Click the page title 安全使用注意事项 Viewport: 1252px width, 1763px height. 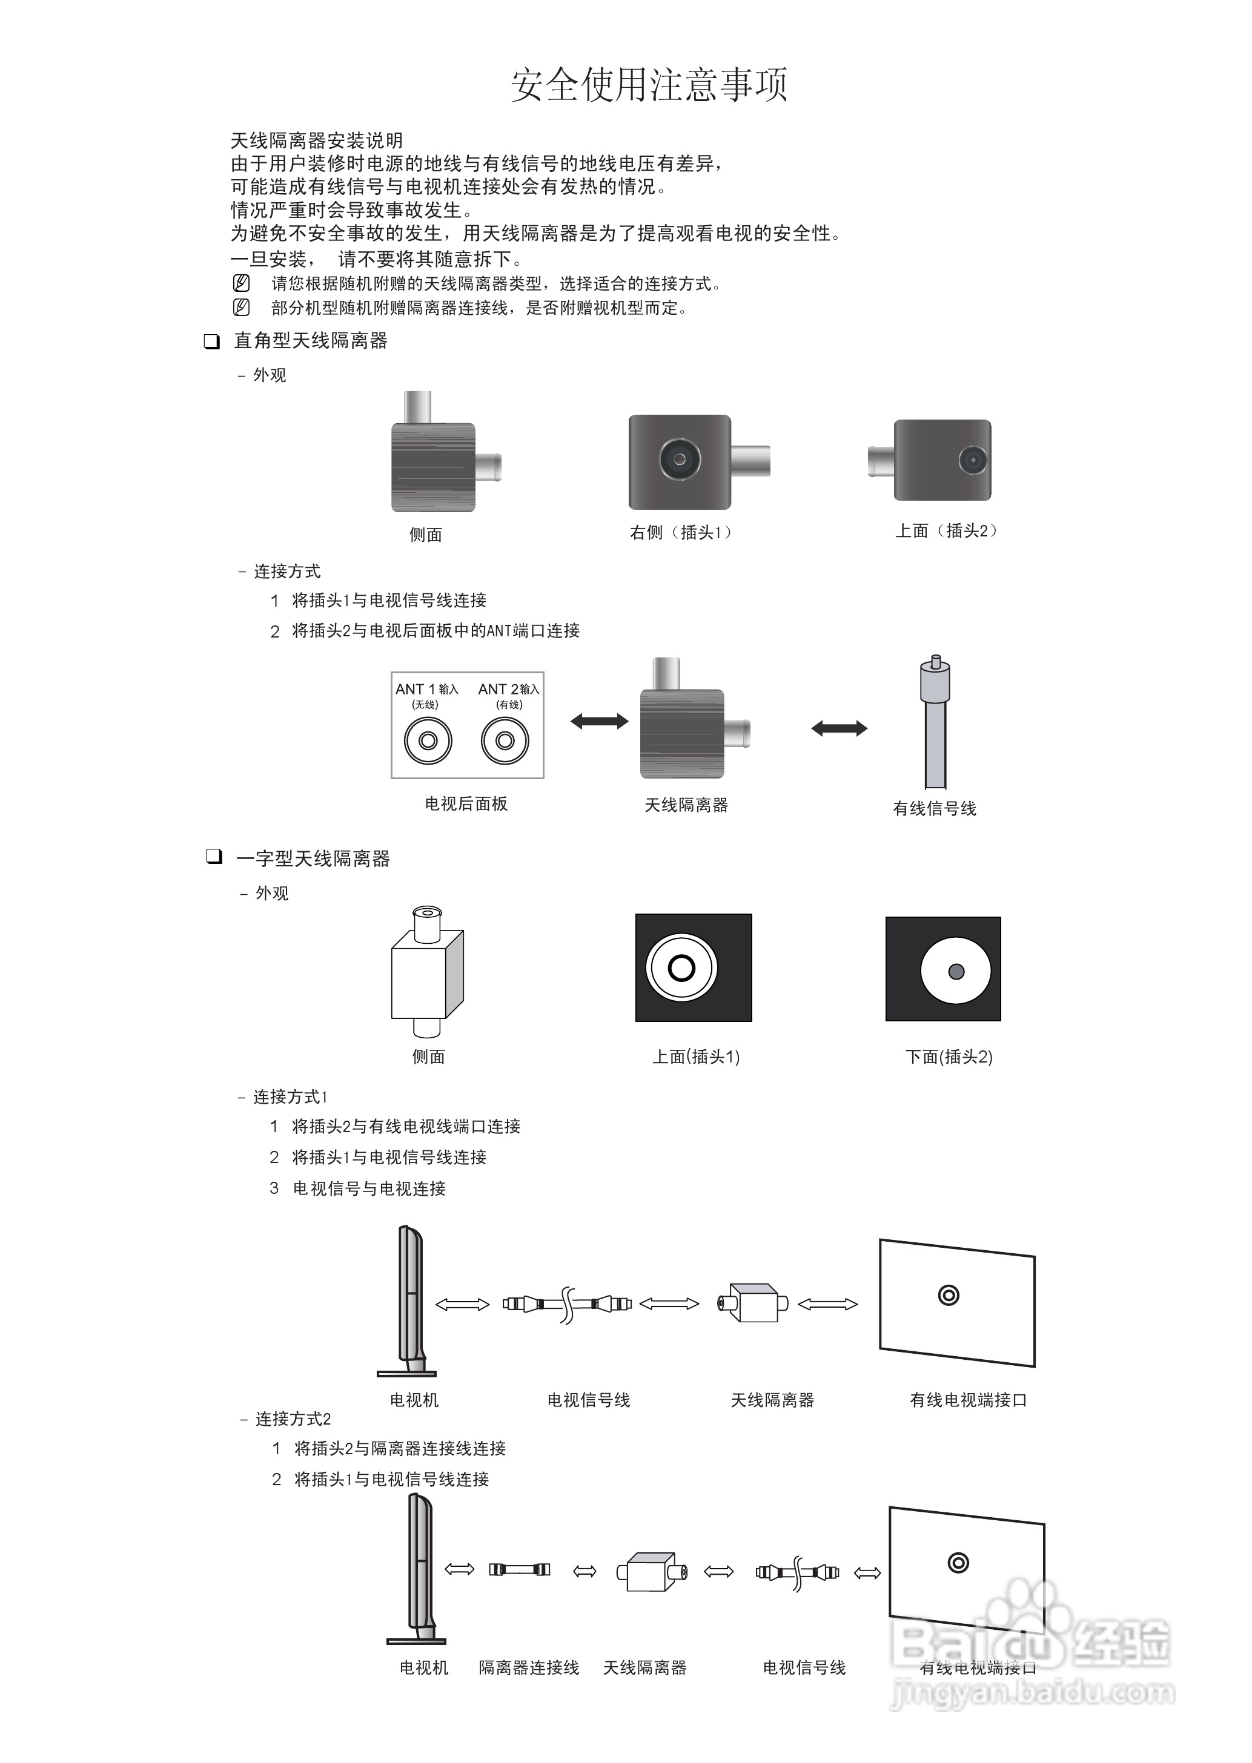coord(649,85)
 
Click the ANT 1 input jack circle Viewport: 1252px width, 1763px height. coord(428,740)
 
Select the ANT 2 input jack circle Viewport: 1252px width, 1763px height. coord(505,740)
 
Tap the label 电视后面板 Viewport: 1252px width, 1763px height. coord(466,803)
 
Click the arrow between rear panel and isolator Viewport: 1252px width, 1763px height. coord(599,721)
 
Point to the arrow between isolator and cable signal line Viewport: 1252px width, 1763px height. coord(839,728)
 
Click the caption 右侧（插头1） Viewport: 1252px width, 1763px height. coord(680,532)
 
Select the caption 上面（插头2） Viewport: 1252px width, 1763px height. coord(946,531)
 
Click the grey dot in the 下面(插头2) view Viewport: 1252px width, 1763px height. coord(956,971)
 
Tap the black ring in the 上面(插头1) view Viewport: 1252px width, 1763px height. coord(681,968)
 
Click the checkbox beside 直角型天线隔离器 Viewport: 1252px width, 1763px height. coord(211,341)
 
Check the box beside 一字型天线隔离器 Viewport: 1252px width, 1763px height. coord(214,856)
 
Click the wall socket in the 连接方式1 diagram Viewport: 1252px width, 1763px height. coord(949,1295)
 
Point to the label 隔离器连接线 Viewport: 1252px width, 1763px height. coord(529,1667)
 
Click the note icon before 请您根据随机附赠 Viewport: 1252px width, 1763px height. coord(241,283)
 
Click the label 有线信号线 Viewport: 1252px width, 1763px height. coord(935,808)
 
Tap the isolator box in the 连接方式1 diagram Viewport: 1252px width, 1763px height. coord(754,1302)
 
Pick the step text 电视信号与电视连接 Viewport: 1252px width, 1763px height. coord(369,1188)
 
